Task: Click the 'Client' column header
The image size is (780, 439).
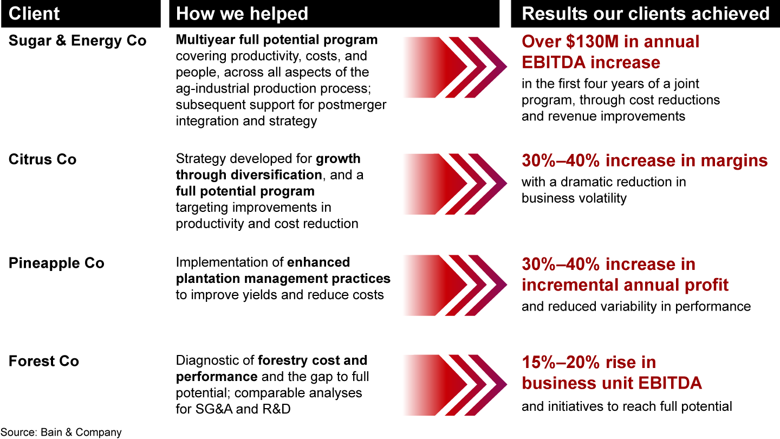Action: (x=34, y=14)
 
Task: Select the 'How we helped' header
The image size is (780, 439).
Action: (x=242, y=14)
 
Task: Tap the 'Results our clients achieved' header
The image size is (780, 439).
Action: (x=645, y=14)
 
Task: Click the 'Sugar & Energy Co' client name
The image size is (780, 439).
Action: (x=77, y=41)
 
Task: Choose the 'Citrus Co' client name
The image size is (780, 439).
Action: (x=42, y=159)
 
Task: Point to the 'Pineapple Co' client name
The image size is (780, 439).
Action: (x=56, y=263)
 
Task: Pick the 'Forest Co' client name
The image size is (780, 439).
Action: (x=44, y=361)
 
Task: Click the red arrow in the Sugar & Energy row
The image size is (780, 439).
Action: (x=456, y=67)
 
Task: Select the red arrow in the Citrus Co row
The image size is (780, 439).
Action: (x=456, y=184)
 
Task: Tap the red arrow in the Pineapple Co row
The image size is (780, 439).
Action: (x=456, y=285)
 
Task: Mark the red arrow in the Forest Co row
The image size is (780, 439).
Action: (x=456, y=385)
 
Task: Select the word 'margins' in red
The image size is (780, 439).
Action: (x=734, y=161)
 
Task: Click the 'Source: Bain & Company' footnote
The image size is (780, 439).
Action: (x=61, y=432)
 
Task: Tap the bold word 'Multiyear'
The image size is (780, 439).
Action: (x=205, y=40)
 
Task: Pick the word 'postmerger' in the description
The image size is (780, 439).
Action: (x=352, y=105)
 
